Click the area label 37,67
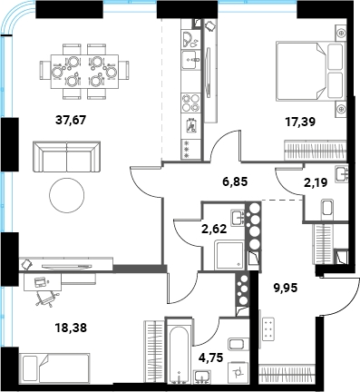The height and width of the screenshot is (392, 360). click(x=71, y=120)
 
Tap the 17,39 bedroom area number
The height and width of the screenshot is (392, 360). click(x=300, y=122)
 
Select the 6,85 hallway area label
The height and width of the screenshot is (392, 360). click(x=234, y=181)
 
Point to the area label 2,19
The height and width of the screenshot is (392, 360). click(x=316, y=182)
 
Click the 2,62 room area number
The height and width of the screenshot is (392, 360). click(x=214, y=229)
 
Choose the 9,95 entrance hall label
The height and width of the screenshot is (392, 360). click(x=286, y=288)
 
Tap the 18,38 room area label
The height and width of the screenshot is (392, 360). click(x=71, y=327)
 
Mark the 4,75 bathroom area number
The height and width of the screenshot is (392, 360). click(x=210, y=358)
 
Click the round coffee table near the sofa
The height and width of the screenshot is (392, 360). click(x=67, y=195)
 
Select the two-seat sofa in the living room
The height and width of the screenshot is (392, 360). click(x=66, y=157)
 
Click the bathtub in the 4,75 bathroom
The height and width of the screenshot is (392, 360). click(x=180, y=351)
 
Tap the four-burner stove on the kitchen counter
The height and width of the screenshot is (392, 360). click(x=190, y=103)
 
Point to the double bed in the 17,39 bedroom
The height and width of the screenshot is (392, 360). click(x=310, y=72)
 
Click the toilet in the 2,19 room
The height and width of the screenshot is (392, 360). click(x=326, y=207)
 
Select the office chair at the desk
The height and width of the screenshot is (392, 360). click(x=46, y=298)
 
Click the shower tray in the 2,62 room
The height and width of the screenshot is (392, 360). click(x=230, y=255)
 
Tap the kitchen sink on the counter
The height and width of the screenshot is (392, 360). click(x=190, y=60)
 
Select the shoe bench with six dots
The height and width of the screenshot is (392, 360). click(x=268, y=328)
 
